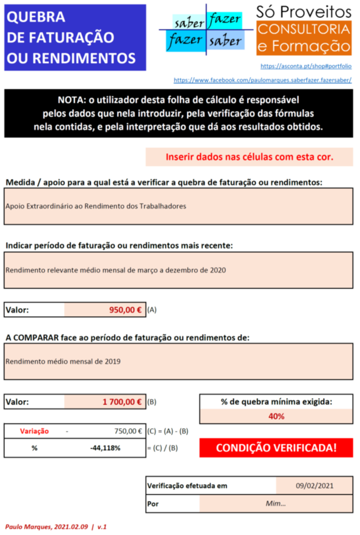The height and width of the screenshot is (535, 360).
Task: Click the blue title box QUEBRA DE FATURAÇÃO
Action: click(75, 37)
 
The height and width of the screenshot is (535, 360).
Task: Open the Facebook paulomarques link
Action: click(262, 80)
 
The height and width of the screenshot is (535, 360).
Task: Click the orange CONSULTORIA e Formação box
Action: click(304, 38)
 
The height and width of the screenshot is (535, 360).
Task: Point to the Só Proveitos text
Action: click(304, 12)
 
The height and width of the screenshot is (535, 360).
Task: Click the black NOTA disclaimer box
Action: click(178, 114)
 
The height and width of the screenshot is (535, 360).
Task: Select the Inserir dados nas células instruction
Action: click(249, 157)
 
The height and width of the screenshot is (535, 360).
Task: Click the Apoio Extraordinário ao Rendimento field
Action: click(178, 206)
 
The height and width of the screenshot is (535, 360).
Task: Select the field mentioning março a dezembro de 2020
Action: click(178, 270)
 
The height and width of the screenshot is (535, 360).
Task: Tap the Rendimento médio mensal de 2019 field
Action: click(178, 361)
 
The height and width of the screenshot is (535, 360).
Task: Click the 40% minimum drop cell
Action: click(276, 416)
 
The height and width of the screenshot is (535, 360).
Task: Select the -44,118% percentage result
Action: click(105, 447)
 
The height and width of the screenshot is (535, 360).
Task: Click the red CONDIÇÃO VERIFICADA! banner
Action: click(276, 448)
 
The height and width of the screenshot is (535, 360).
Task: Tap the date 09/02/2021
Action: click(314, 485)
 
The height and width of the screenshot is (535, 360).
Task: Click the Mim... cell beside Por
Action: click(276, 503)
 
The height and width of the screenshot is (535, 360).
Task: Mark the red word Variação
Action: click(35, 431)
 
